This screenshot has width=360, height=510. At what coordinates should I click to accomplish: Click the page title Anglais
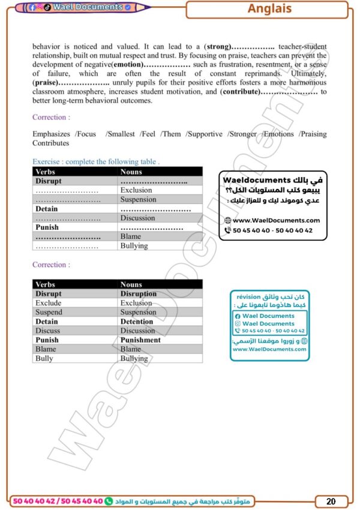(269, 9)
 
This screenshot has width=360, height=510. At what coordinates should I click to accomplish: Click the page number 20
(331, 501)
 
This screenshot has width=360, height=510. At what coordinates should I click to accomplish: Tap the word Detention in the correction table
(137, 322)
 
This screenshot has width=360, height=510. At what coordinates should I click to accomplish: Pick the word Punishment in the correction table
(140, 340)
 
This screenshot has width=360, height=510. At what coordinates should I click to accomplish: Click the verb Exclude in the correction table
(49, 303)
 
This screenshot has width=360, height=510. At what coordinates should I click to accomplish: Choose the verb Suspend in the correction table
(49, 313)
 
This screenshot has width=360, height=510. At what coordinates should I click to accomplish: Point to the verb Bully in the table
(44, 358)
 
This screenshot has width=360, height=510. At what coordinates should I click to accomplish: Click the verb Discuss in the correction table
(48, 331)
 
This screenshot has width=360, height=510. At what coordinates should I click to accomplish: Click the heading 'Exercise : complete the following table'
(96, 161)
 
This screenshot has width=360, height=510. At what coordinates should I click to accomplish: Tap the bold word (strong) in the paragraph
(217, 46)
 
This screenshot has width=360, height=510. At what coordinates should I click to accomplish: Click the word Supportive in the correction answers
(205, 134)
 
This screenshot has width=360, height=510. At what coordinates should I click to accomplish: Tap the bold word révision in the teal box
(248, 296)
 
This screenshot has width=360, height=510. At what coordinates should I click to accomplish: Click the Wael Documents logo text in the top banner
(86, 7)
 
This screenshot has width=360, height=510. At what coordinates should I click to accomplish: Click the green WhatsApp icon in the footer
(109, 500)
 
